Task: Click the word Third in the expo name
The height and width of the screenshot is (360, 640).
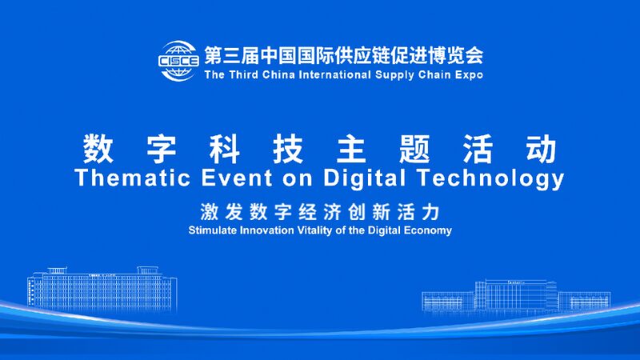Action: click(244, 75)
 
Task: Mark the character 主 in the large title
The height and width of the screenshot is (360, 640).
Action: click(351, 149)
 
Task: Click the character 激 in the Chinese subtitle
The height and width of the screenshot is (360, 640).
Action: click(210, 212)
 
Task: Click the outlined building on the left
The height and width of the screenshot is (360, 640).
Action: click(100, 288)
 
